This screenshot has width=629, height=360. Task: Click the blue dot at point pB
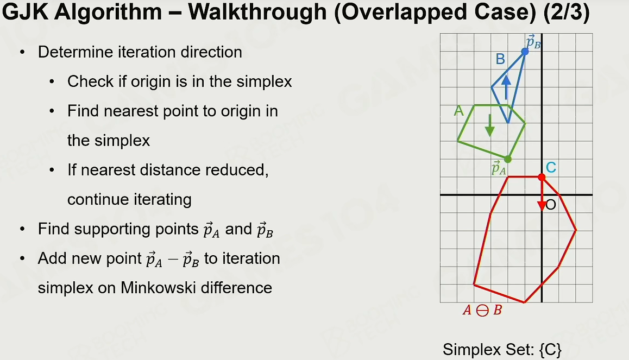click(525, 52)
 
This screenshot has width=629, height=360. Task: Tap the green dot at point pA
click(508, 159)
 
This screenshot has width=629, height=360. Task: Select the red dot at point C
click(542, 177)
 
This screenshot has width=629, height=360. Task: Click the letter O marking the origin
click(551, 205)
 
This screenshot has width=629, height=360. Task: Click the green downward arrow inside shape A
click(489, 125)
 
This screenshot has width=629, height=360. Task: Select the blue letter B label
click(500, 59)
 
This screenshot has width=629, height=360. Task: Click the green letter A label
click(458, 111)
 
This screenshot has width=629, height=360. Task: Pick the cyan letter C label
click(551, 167)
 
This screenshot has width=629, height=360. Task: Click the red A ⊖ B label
click(482, 310)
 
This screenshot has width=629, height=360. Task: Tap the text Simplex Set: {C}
click(502, 350)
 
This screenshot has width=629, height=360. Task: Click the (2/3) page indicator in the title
click(567, 12)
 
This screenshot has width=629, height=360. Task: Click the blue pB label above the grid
click(533, 42)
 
